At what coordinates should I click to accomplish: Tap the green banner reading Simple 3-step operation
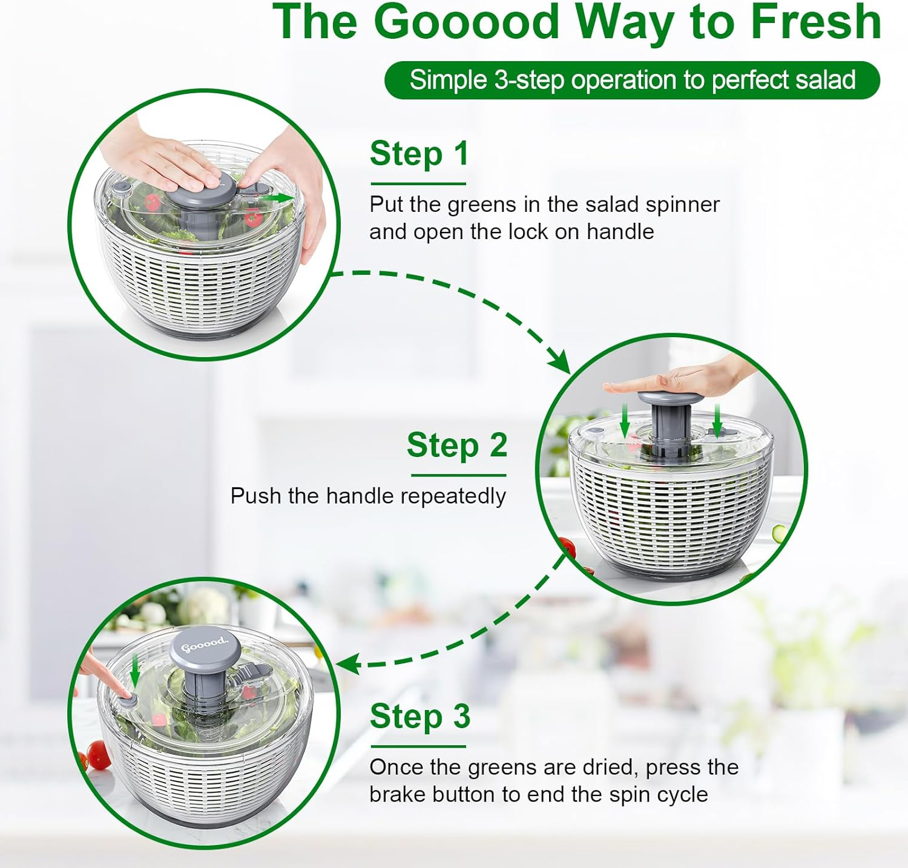632,80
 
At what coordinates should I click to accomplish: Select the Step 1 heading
419,154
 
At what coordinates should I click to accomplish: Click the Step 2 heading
456,446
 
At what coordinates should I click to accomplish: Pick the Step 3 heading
419,717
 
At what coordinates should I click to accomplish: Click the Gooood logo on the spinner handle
205,645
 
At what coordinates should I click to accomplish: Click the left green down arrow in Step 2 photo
625,421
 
